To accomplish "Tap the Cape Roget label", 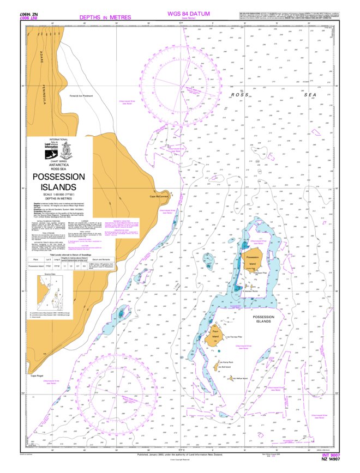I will pos(37,375).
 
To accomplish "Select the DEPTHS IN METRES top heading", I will pos(105,17).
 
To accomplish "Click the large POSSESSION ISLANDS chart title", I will pos(58,182).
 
